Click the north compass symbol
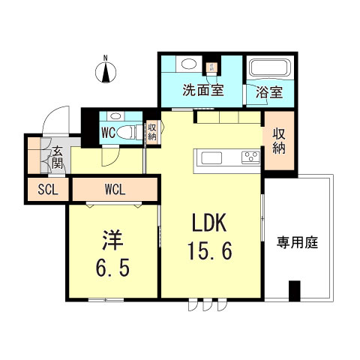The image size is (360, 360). [x=106, y=72]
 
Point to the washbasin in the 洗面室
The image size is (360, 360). [x=188, y=64]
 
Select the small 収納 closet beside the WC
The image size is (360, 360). [x=151, y=132]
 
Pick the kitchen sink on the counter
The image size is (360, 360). [x=211, y=157]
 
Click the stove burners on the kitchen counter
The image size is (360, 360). [x=249, y=157]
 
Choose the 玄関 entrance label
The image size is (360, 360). [x=58, y=159]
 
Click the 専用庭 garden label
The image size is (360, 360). [x=298, y=242]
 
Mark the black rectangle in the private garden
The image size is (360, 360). [x=294, y=289]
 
